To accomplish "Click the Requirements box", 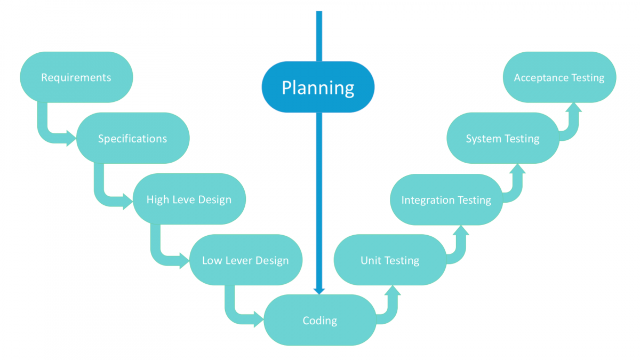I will pos(76,77).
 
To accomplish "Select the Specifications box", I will pos(133,139).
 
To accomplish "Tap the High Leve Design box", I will pos(189,199).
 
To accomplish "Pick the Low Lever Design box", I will pos(246,261).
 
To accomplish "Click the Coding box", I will pos(320,320).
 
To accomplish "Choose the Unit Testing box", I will pos(390,261).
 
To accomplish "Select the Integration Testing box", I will pos(446,199).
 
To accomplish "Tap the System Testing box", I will pos(503,139).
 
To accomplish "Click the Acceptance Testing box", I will pos(559,77).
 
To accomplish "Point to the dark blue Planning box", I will pos(318,87).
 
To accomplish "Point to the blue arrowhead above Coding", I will pos(319,291).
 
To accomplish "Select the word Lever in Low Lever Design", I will pos(239,261).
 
